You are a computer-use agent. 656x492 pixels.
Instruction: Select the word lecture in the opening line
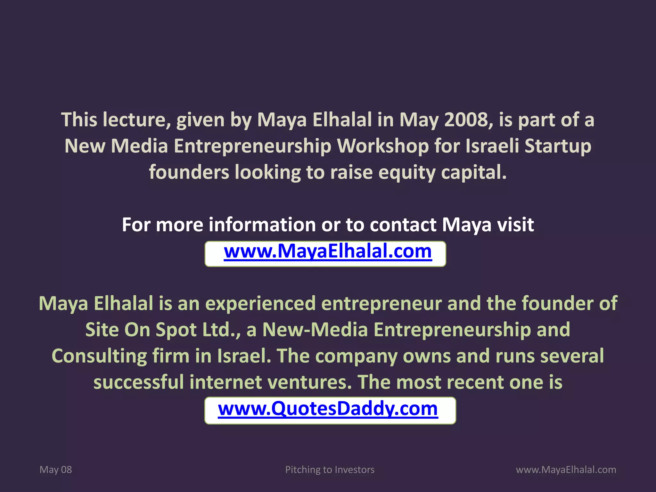coord(136,120)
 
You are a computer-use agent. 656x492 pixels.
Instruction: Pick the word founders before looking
coord(189,172)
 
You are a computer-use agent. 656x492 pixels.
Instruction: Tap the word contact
coord(403,225)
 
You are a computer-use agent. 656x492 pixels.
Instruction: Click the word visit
coord(515,225)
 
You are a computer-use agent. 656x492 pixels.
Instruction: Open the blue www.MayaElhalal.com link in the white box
coord(328,251)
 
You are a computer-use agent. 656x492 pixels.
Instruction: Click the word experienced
coord(260,304)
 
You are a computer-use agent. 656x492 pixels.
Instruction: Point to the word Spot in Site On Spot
coord(176,330)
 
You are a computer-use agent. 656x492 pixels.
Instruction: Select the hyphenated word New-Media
coord(315,330)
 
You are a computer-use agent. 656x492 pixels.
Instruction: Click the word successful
coord(139,382)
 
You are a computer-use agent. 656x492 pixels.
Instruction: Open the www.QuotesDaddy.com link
coord(328,409)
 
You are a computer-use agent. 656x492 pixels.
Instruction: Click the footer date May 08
coord(56,470)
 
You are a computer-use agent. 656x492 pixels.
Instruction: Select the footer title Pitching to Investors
coord(330,470)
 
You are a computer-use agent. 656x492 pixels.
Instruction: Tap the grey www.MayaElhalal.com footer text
coord(566,470)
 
